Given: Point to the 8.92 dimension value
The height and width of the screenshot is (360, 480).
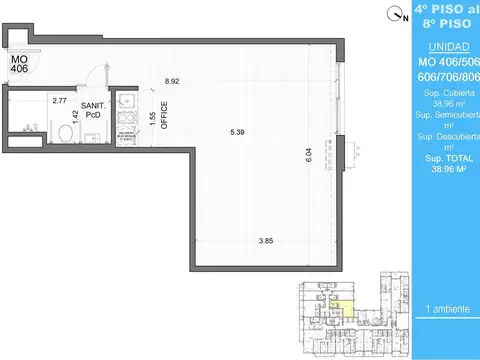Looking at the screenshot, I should point(171,81).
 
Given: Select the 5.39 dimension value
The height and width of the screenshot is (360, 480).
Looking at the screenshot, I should point(236,131).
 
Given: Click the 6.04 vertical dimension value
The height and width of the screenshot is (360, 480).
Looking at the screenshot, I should point(309,155).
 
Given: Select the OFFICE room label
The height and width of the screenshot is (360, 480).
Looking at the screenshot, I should point(164,117).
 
